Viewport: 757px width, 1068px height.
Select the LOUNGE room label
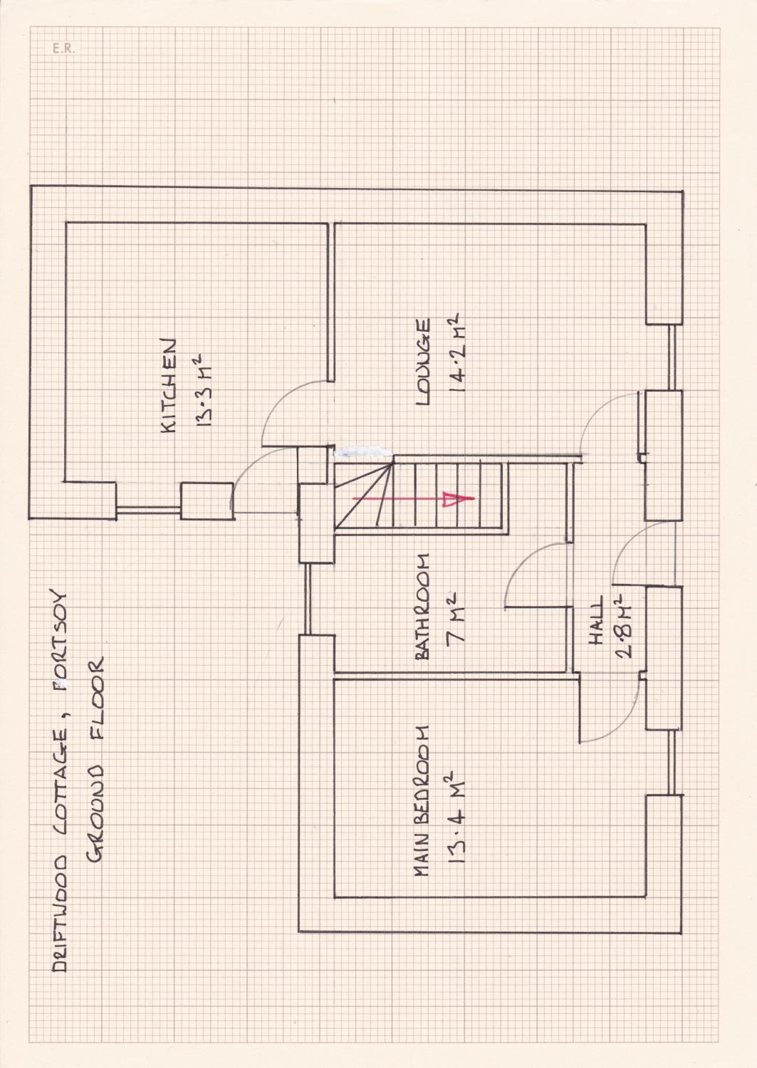pos(422,362)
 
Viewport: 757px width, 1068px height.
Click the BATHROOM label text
pos(422,606)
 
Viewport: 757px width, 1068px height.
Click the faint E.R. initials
pos(63,48)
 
